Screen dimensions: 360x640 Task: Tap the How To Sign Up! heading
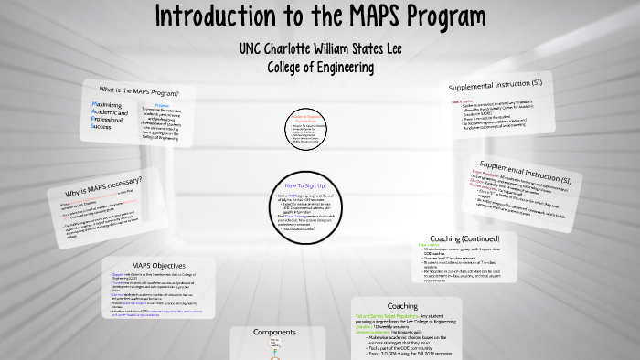tap(309, 185)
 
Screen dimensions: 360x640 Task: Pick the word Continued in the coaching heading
tap(492, 239)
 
